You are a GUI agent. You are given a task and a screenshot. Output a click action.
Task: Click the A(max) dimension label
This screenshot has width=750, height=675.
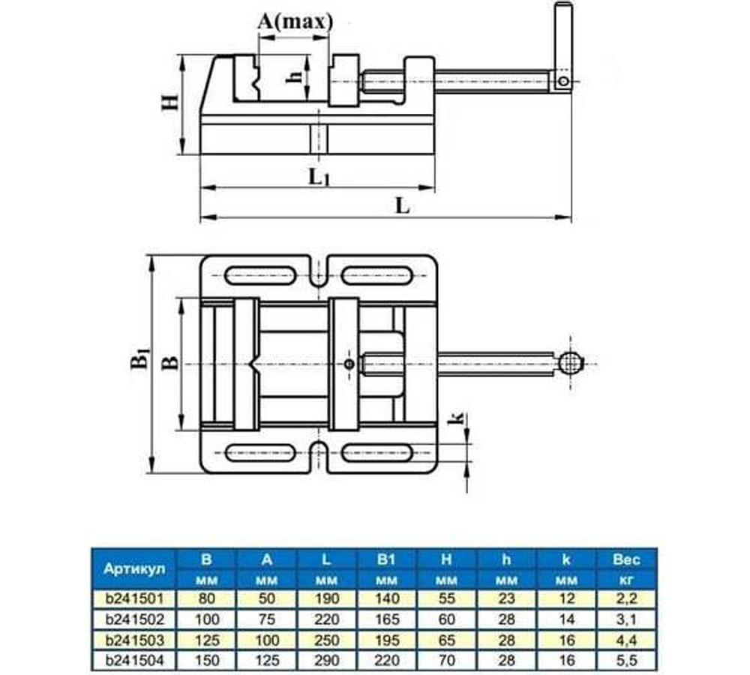[x=294, y=22]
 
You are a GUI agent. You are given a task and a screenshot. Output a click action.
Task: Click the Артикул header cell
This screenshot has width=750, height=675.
[x=133, y=568]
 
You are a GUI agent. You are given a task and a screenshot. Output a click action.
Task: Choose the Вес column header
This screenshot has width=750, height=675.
[x=627, y=559]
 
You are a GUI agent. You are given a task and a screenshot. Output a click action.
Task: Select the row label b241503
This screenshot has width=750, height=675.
[x=133, y=641]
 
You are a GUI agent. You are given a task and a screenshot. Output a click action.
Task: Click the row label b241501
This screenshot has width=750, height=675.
[x=133, y=599]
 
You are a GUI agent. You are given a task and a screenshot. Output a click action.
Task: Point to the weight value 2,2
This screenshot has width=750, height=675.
[x=627, y=599]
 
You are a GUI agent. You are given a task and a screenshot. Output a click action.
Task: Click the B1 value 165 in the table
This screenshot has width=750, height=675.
[x=387, y=620]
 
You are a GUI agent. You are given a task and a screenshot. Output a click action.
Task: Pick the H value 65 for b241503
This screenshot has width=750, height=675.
[x=447, y=641]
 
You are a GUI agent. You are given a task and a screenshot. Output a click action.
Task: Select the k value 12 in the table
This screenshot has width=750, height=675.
[x=567, y=599]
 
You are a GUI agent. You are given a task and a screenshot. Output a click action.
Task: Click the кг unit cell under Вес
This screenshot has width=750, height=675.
[x=627, y=580]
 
